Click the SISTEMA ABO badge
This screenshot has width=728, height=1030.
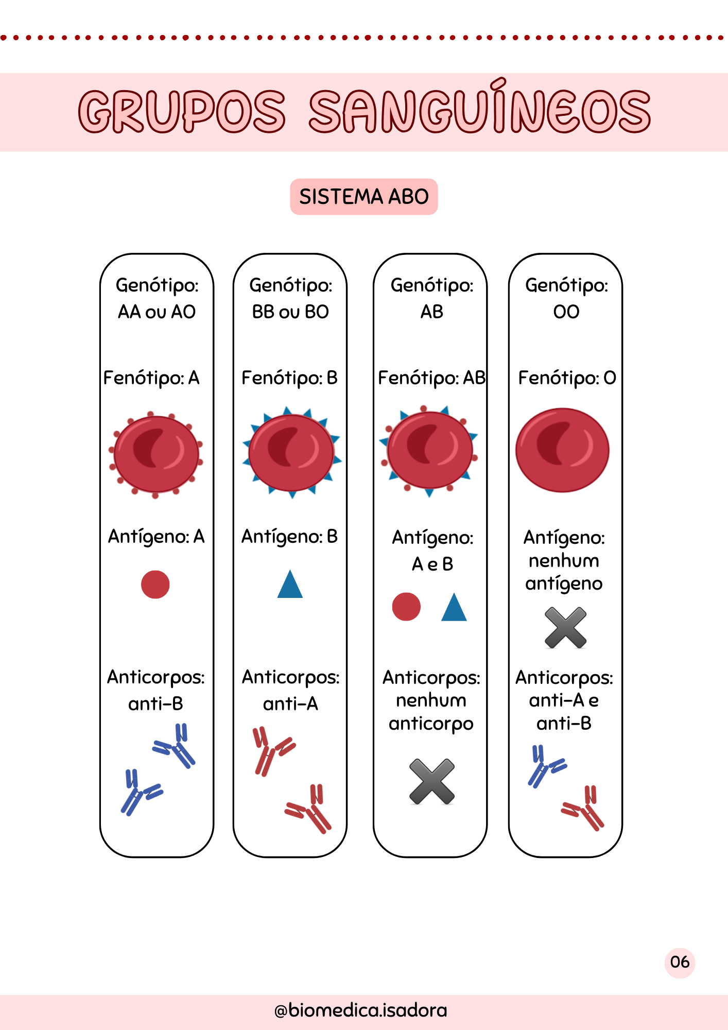click(364, 197)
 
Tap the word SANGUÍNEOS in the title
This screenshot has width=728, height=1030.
click(479, 109)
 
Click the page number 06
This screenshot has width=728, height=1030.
click(680, 962)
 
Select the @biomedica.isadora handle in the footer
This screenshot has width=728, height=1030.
click(361, 1010)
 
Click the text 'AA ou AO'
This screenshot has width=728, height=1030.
click(157, 312)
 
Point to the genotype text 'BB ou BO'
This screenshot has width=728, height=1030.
click(290, 312)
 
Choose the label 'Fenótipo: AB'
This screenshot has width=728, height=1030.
click(431, 378)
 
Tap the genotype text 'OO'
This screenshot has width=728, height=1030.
click(566, 312)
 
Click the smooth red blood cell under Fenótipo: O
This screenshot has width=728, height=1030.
click(562, 450)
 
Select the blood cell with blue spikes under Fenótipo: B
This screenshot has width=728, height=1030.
click(291, 452)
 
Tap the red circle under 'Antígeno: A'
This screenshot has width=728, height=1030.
click(155, 585)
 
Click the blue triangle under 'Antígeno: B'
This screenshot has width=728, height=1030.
click(290, 585)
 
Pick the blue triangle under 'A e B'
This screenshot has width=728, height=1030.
click(454, 608)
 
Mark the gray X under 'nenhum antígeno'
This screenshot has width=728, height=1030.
click(565, 627)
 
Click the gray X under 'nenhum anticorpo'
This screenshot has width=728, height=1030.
click(432, 781)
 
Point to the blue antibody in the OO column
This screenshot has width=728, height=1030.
click(545, 766)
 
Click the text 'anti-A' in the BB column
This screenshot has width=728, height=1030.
click(290, 703)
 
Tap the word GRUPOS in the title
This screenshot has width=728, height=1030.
click(182, 111)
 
